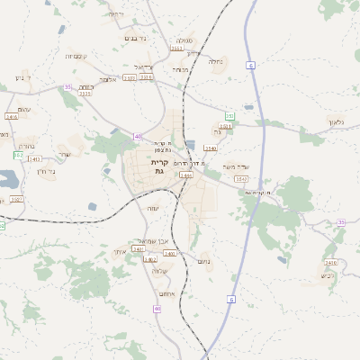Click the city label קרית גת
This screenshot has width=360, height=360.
(159, 166)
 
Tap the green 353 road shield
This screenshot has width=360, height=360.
(229, 116)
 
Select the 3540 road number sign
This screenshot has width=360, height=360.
(211, 148)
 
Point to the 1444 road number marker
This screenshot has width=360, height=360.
(186, 175)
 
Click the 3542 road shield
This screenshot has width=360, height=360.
(241, 179)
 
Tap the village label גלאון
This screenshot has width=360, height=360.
(337, 122)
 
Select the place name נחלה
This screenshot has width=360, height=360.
(215, 62)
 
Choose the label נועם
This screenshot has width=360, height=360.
(204, 261)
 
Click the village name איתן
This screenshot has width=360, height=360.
(120, 253)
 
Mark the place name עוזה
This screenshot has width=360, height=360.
(153, 208)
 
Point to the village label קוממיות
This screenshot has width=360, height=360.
(76, 56)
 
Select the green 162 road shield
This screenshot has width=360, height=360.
(18, 155)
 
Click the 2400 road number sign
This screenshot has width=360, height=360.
(330, 263)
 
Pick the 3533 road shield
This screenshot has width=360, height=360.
(85, 93)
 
